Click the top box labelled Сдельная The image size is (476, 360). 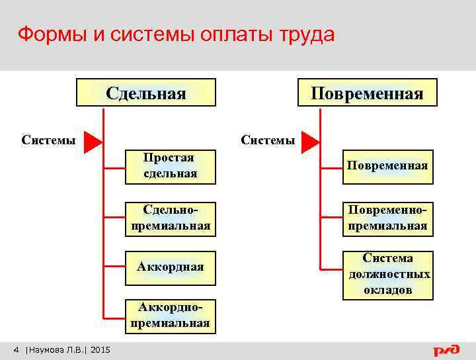click(146, 93)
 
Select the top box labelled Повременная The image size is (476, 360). click(368, 93)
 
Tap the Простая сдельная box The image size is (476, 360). click(170, 165)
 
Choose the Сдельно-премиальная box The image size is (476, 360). click(170, 218)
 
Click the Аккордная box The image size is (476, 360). click(170, 267)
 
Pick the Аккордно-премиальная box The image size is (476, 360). click(170, 315)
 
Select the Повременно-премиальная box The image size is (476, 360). click(387, 218)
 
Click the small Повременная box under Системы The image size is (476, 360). click(387, 165)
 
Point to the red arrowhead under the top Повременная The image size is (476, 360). click(310, 141)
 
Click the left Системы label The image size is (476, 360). click(48, 140)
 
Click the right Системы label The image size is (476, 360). click(268, 140)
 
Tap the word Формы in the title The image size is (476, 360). click(48, 34)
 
